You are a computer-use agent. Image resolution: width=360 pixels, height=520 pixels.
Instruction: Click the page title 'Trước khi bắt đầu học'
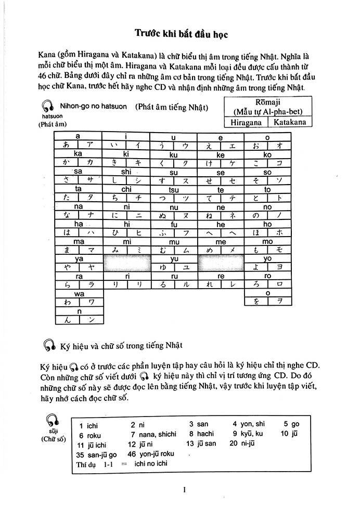pyautogui.click(x=179, y=34)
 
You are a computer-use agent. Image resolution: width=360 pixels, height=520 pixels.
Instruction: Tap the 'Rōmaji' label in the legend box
pyautogui.click(x=266, y=101)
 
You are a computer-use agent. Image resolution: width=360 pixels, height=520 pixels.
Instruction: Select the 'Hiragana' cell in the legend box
pyautogui.click(x=246, y=122)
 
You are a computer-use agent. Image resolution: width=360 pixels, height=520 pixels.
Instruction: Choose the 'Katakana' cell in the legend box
pyautogui.click(x=288, y=122)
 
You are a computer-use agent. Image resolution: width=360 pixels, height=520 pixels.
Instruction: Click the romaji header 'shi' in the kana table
pyautogui.click(x=126, y=172)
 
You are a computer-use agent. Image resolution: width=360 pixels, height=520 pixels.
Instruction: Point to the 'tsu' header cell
pyautogui.click(x=174, y=189)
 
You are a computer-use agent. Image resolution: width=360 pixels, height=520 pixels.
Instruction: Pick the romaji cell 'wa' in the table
pyautogui.click(x=79, y=293)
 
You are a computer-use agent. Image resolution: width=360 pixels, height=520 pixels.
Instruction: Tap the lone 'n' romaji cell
pyautogui.click(x=79, y=311)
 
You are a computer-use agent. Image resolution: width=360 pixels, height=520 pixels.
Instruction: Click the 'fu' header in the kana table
pyautogui.click(x=174, y=224)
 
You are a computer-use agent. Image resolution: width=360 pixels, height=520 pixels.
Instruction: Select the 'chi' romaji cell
pyautogui.click(x=126, y=189)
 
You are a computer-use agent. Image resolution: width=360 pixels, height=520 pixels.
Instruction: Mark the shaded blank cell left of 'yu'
pyautogui.click(x=126, y=263)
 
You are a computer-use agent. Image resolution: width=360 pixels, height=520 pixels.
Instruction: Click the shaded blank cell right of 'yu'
pyautogui.click(x=221, y=263)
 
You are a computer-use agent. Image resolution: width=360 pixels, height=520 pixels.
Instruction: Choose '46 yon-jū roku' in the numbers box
pyautogui.click(x=151, y=453)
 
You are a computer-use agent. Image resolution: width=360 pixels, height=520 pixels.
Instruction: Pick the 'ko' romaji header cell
pyautogui.click(x=267, y=154)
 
